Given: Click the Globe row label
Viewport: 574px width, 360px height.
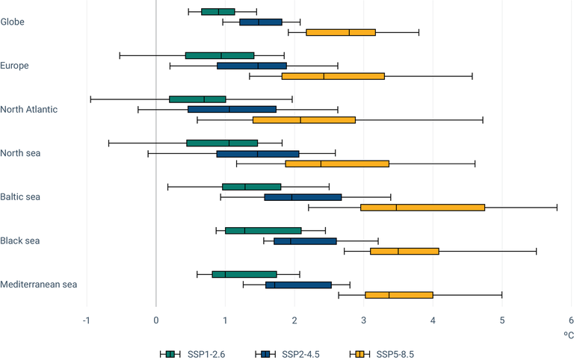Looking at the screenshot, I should coord(13,22).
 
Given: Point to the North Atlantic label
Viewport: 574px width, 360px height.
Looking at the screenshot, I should coord(28,109).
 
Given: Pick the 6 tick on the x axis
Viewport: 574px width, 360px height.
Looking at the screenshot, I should coord(571,320).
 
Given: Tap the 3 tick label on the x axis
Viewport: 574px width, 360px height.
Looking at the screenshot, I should coord(363,320).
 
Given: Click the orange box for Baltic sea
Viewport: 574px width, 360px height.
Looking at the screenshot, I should coord(422,208).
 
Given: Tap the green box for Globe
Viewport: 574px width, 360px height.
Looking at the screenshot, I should coord(218,11).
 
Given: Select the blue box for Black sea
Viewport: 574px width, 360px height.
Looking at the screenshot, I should coord(305,241).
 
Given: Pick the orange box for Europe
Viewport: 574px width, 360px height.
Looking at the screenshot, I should coord(333,76).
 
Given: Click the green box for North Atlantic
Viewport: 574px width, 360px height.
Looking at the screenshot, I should coord(197,99).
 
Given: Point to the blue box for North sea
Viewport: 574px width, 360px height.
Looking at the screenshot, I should coord(258,154).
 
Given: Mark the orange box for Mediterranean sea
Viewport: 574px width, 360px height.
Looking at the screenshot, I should coord(399,295).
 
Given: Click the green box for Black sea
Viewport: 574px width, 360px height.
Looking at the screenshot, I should coord(263,231).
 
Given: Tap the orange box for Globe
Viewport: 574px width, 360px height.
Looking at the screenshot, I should coord(341,32).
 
